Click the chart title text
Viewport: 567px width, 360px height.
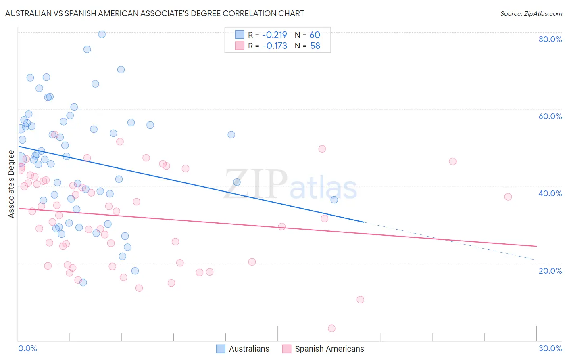[x=154, y=14]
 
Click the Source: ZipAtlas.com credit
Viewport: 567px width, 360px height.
[x=531, y=14]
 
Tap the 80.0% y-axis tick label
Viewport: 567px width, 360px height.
[x=550, y=39]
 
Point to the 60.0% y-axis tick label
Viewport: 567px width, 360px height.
[x=550, y=116]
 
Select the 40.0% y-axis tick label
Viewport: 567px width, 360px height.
[x=550, y=193]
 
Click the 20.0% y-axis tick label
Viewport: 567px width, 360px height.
[x=550, y=271]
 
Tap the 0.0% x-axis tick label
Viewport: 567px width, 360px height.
[x=27, y=349]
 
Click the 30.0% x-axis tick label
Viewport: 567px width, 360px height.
[x=550, y=349]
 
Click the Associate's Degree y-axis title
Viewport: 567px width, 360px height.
[x=11, y=184]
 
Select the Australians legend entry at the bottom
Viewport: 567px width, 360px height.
[x=243, y=349]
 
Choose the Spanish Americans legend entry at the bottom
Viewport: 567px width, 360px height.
[x=323, y=349]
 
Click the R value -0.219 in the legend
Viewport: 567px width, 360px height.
[x=275, y=35]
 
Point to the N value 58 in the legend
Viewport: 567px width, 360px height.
[x=315, y=46]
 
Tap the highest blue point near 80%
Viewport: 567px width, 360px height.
[x=102, y=34]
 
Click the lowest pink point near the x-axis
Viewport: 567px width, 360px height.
[x=331, y=329]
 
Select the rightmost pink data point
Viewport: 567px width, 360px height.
[x=508, y=197]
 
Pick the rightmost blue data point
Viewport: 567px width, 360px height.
[x=334, y=200]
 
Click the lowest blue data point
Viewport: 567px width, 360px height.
[x=83, y=283]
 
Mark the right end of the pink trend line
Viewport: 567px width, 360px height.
[x=536, y=246]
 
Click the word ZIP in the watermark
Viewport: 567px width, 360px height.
[x=255, y=184]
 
